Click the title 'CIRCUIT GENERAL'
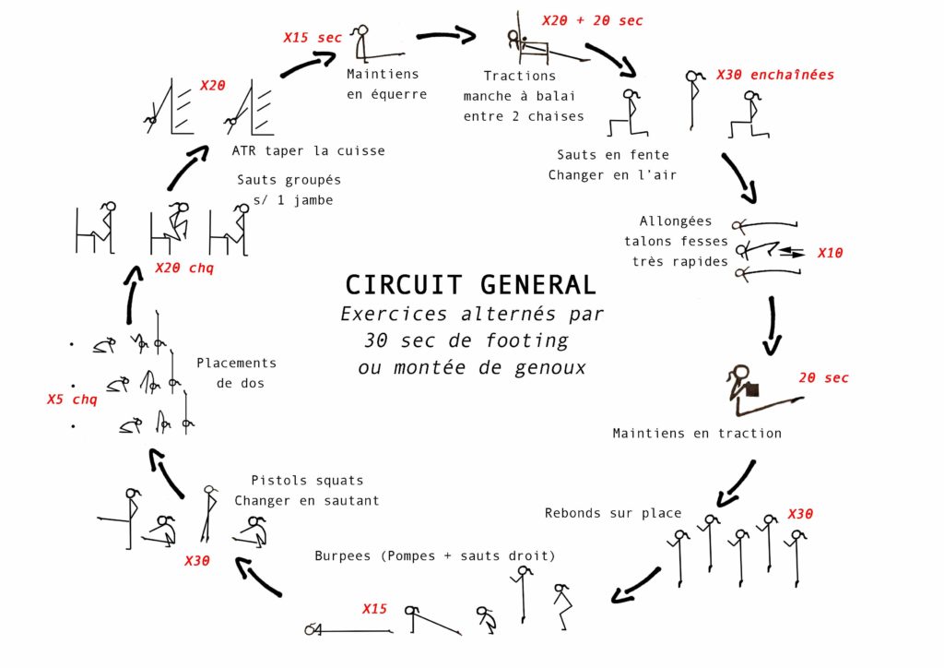tap(470, 285)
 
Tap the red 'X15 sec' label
tap(313, 37)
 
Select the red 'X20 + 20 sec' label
tap(593, 20)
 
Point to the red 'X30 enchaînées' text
tap(774, 75)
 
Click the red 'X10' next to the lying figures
tap(830, 253)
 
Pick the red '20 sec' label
tap(823, 377)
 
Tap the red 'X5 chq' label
tap(72, 400)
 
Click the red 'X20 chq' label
tap(184, 268)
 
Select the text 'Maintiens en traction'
tap(697, 433)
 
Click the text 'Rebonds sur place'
tap(613, 513)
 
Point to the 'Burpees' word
tap(342, 555)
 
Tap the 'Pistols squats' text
tap(307, 480)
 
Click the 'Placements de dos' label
tap(237, 373)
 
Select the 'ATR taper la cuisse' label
tap(308, 150)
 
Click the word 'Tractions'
tap(520, 76)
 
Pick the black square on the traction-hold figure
tap(752, 389)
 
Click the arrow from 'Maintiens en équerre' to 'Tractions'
tap(447, 35)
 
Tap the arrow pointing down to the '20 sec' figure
tap(772, 326)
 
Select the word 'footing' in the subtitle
tap(526, 341)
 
